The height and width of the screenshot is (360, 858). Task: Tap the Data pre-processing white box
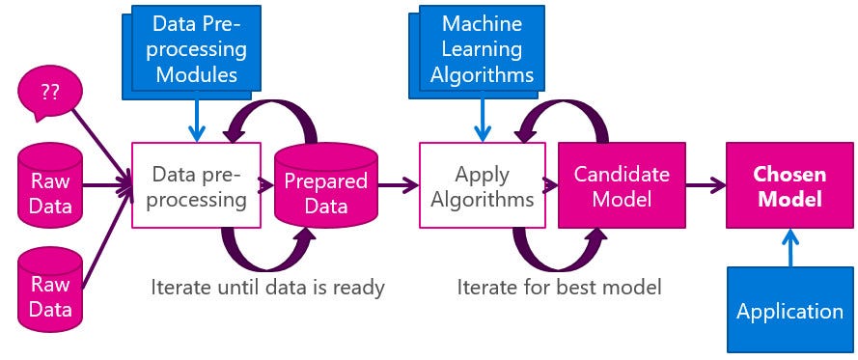(197, 185)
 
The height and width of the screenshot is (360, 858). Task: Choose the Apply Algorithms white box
(482, 185)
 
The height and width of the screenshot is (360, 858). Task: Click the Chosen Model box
(789, 185)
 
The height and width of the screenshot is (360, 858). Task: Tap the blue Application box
(789, 312)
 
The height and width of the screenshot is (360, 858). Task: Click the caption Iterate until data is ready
(267, 288)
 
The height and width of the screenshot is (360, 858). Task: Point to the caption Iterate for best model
(560, 288)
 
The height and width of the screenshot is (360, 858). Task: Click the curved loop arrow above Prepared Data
(265, 116)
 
